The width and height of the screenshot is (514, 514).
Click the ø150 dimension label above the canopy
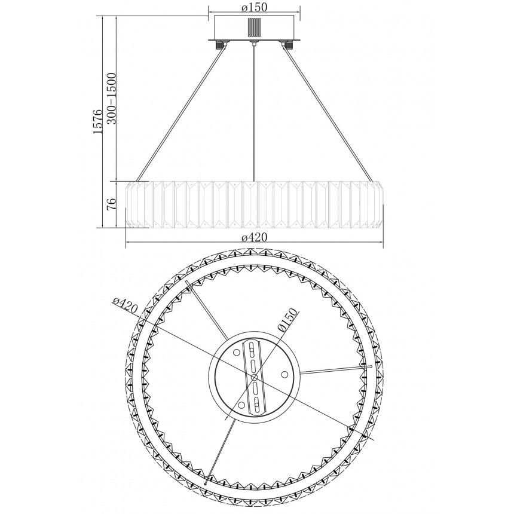(x=255, y=7)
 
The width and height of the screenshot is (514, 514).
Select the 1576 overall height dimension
(x=98, y=121)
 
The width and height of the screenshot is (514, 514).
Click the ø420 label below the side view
(x=255, y=237)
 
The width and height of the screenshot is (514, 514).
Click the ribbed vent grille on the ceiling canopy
(x=255, y=28)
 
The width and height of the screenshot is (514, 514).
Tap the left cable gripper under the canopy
(x=221, y=44)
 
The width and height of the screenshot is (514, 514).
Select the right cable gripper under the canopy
(x=286, y=44)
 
